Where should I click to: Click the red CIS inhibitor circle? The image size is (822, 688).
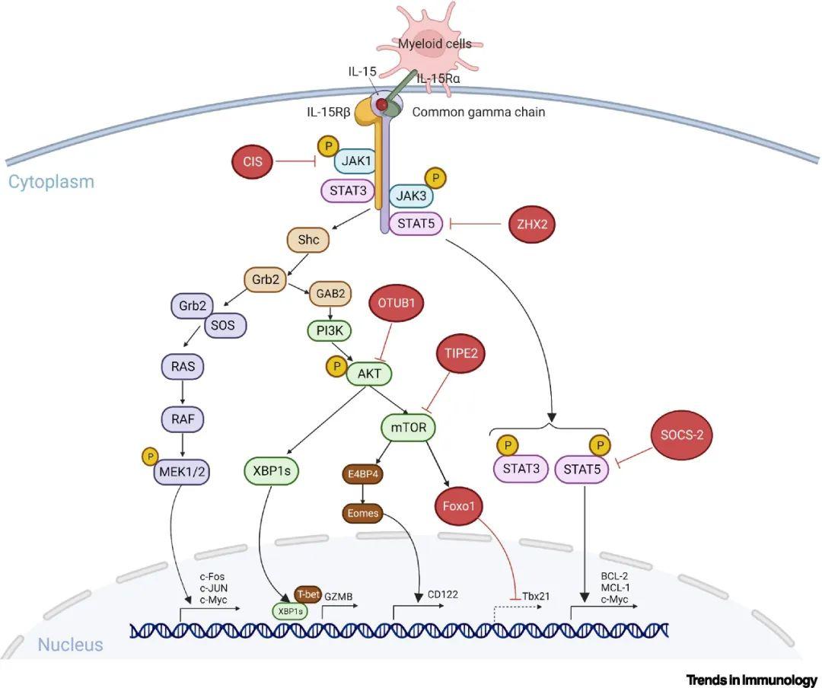click(x=252, y=161)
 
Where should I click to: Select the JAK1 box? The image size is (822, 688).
click(x=356, y=161)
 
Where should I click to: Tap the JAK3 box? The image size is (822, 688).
click(x=411, y=196)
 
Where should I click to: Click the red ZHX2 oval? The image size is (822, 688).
click(x=532, y=224)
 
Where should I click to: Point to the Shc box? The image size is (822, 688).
click(x=308, y=240)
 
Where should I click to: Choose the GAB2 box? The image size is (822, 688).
click(x=330, y=294)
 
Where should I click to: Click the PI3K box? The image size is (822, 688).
click(x=330, y=331)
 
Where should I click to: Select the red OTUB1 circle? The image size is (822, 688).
click(x=397, y=303)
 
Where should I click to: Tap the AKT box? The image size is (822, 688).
click(x=369, y=374)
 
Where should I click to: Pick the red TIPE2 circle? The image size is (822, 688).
click(x=461, y=353)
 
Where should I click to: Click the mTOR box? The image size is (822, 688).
click(x=409, y=428)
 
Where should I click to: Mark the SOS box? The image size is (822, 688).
click(x=223, y=326)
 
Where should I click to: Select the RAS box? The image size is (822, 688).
click(x=183, y=366)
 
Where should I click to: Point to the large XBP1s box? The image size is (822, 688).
click(x=272, y=471)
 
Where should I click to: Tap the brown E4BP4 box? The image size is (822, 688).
click(x=363, y=475)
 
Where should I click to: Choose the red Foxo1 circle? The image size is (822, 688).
click(x=459, y=506)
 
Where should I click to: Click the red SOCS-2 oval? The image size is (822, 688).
click(x=682, y=435)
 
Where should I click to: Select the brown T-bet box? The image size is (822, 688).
click(x=307, y=594)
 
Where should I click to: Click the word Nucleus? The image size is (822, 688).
click(x=70, y=645)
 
